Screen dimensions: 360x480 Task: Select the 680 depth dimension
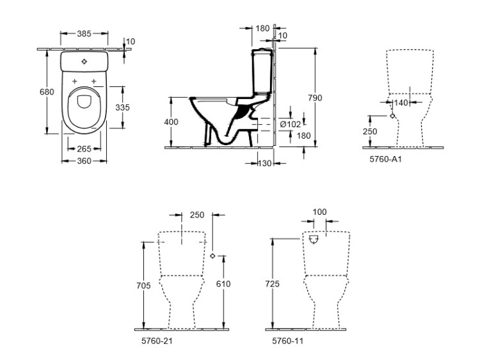[47, 92]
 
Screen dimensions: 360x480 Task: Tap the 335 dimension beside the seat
[122, 107]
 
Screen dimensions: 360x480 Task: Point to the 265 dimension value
[84, 149]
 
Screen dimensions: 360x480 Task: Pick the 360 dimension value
[84, 160]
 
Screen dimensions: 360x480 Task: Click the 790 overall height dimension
[314, 98]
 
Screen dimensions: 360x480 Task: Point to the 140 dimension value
[402, 102]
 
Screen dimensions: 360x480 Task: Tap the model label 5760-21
[157, 341]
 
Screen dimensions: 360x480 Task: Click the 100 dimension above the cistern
[319, 212]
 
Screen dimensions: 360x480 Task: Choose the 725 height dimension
[272, 284]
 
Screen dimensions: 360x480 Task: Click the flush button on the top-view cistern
[84, 62]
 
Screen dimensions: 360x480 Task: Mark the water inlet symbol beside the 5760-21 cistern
[212, 255]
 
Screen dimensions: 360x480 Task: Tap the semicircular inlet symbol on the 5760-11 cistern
[313, 240]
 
